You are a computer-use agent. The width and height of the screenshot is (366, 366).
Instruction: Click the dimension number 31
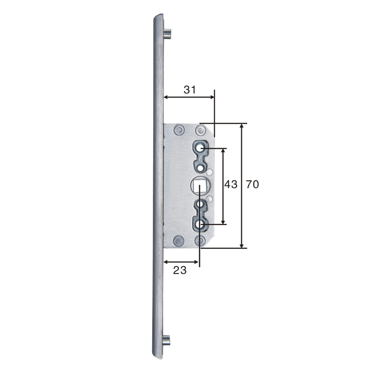(x=189, y=90)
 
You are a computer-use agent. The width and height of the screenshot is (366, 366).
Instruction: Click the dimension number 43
(x=231, y=184)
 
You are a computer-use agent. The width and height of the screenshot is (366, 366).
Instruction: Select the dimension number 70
(x=253, y=184)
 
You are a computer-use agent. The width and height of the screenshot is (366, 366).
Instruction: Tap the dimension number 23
(x=180, y=270)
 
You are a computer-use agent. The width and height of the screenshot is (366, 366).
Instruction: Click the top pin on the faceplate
(x=167, y=33)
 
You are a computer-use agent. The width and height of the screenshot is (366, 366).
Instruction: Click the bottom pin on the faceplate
(x=167, y=340)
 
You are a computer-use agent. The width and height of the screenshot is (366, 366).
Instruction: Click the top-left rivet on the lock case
(x=179, y=130)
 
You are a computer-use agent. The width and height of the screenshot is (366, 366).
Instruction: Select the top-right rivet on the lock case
(x=200, y=130)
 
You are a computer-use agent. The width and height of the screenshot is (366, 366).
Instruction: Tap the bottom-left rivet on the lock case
(x=178, y=241)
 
